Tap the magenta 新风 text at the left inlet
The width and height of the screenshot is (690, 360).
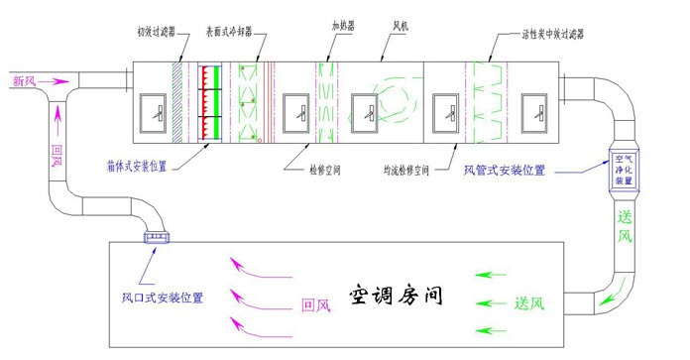click(x=24, y=79)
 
